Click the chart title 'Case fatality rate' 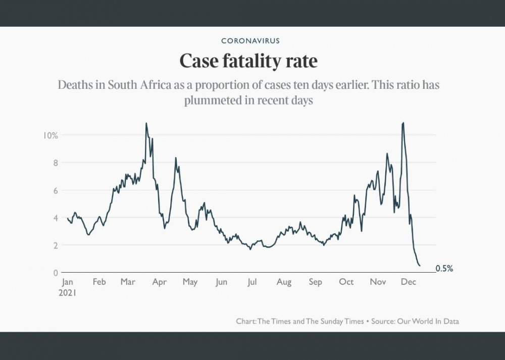point(248,62)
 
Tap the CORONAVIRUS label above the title point(250,40)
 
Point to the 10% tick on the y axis point(51,135)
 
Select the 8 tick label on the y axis point(55,163)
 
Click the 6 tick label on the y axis point(55,190)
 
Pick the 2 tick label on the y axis point(55,245)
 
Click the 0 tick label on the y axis point(55,273)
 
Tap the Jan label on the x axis point(67,282)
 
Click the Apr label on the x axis point(160,282)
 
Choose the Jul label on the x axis point(251,282)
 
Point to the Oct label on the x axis point(346,282)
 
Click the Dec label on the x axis point(408,282)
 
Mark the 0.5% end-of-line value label point(444,269)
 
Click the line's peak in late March point(146,123)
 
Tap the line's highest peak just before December point(402,123)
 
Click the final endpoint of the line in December point(420,266)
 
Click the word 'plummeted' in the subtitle point(213,100)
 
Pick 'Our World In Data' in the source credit point(429,321)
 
